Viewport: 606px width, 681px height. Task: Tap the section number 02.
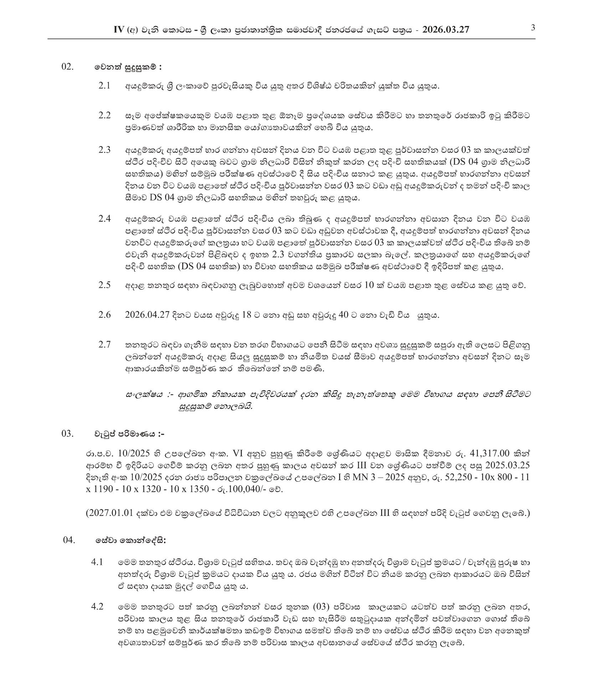coord(68,67)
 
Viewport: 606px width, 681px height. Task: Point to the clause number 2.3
coord(104,149)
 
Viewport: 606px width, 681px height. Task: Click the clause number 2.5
coord(104,285)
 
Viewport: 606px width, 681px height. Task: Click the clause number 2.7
coord(104,344)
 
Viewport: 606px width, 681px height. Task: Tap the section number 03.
coord(68,434)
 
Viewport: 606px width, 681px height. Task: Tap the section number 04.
coord(70,540)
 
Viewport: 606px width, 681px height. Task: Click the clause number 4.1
coord(97,562)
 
